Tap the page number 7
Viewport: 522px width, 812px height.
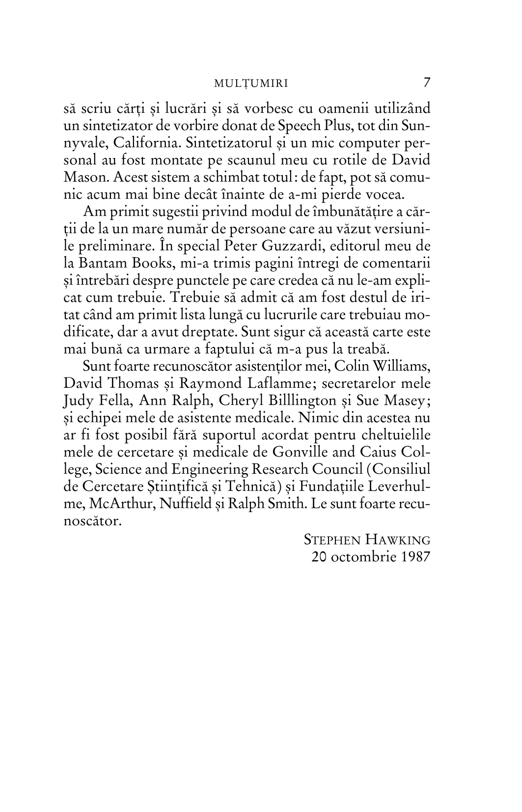click(426, 82)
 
